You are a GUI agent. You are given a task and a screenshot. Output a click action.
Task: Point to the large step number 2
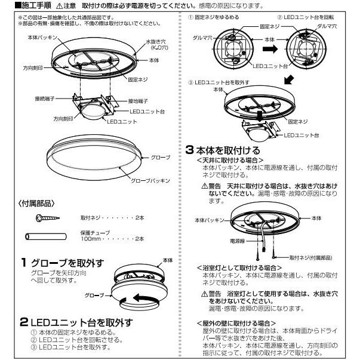click(24, 322)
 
